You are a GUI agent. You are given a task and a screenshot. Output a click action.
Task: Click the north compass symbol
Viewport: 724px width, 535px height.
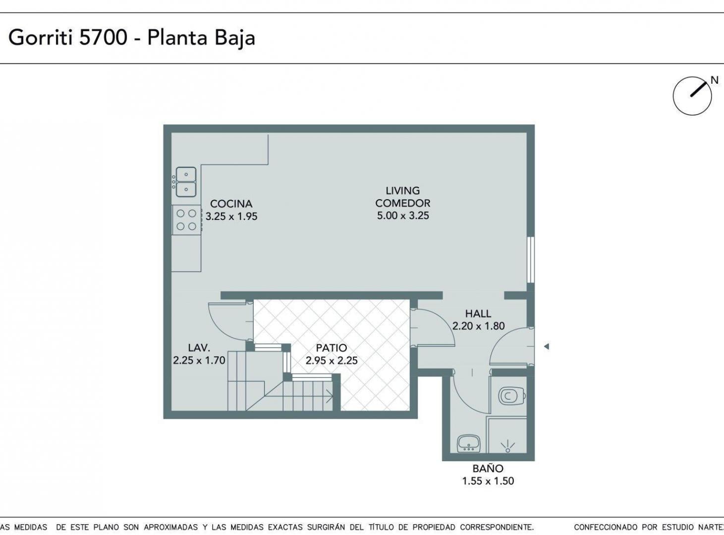pyautogui.click(x=692, y=96)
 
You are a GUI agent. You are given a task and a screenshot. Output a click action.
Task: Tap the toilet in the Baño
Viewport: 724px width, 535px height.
pyautogui.click(x=511, y=396)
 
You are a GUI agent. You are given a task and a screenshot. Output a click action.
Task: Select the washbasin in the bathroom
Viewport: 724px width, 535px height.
pyautogui.click(x=469, y=443)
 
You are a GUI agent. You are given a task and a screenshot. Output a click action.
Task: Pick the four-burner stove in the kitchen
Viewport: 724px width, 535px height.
pyautogui.click(x=186, y=219)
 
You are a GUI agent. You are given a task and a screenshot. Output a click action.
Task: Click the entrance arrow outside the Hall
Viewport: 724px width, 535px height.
pyautogui.click(x=546, y=346)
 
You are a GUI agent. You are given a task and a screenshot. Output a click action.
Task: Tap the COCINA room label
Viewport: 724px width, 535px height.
pyautogui.click(x=231, y=204)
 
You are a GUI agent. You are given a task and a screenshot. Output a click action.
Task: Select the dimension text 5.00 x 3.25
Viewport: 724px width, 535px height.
pyautogui.click(x=403, y=215)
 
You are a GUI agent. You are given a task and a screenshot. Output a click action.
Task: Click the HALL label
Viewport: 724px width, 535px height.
pyautogui.click(x=478, y=314)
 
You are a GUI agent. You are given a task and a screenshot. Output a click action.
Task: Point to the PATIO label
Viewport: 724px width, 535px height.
pyautogui.click(x=332, y=348)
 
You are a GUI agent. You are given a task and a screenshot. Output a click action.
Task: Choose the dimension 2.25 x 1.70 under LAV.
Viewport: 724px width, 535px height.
pyautogui.click(x=199, y=360)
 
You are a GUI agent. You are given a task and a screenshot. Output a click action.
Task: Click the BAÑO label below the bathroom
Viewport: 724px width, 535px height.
pyautogui.click(x=488, y=469)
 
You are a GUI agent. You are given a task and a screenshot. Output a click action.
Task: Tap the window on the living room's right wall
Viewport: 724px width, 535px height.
pyautogui.click(x=531, y=260)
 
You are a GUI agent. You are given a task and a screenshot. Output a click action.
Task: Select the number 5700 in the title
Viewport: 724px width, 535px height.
pyautogui.click(x=103, y=37)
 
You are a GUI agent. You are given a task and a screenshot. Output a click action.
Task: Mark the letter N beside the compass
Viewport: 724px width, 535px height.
pyautogui.click(x=715, y=80)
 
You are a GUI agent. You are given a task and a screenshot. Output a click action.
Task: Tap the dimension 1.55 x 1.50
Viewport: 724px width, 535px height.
pyautogui.click(x=488, y=481)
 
